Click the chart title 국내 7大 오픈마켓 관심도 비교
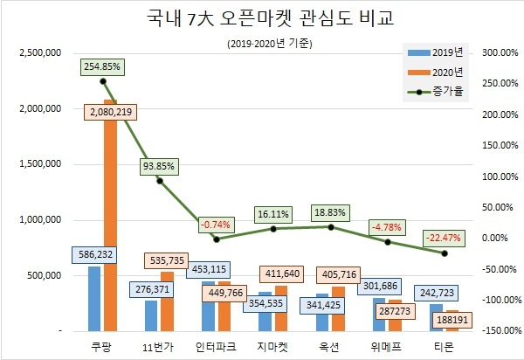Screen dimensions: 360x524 pyautogui.click(x=261, y=19)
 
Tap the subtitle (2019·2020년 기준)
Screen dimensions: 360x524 pyautogui.click(x=261, y=43)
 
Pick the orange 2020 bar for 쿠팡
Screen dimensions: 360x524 pyautogui.click(x=109, y=218)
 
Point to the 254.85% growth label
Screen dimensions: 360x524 pyautogui.click(x=103, y=66)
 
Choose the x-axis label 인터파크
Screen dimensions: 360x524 pyautogui.click(x=217, y=347)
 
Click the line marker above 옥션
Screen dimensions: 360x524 pyautogui.click(x=331, y=227)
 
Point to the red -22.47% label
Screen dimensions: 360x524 pyautogui.click(x=445, y=237)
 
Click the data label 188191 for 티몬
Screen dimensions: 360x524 pyautogui.click(x=450, y=319)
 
